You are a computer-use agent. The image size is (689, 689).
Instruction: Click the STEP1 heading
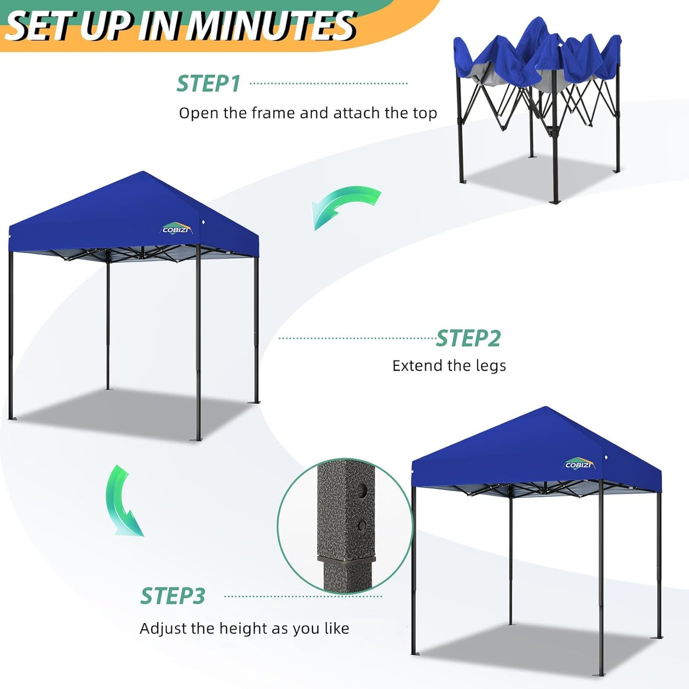(208, 84)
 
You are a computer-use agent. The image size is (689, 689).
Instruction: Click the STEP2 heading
(468, 339)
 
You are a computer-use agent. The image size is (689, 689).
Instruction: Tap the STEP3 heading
(173, 596)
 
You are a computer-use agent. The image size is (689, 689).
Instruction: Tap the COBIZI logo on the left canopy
(177, 229)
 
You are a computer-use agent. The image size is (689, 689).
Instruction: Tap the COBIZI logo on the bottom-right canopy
(579, 464)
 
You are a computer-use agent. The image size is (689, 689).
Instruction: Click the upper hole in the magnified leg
(363, 489)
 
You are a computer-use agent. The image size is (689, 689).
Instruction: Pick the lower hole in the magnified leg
(362, 525)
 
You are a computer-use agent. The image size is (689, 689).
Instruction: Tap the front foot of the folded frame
(555, 202)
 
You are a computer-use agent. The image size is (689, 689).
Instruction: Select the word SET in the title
(41, 28)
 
